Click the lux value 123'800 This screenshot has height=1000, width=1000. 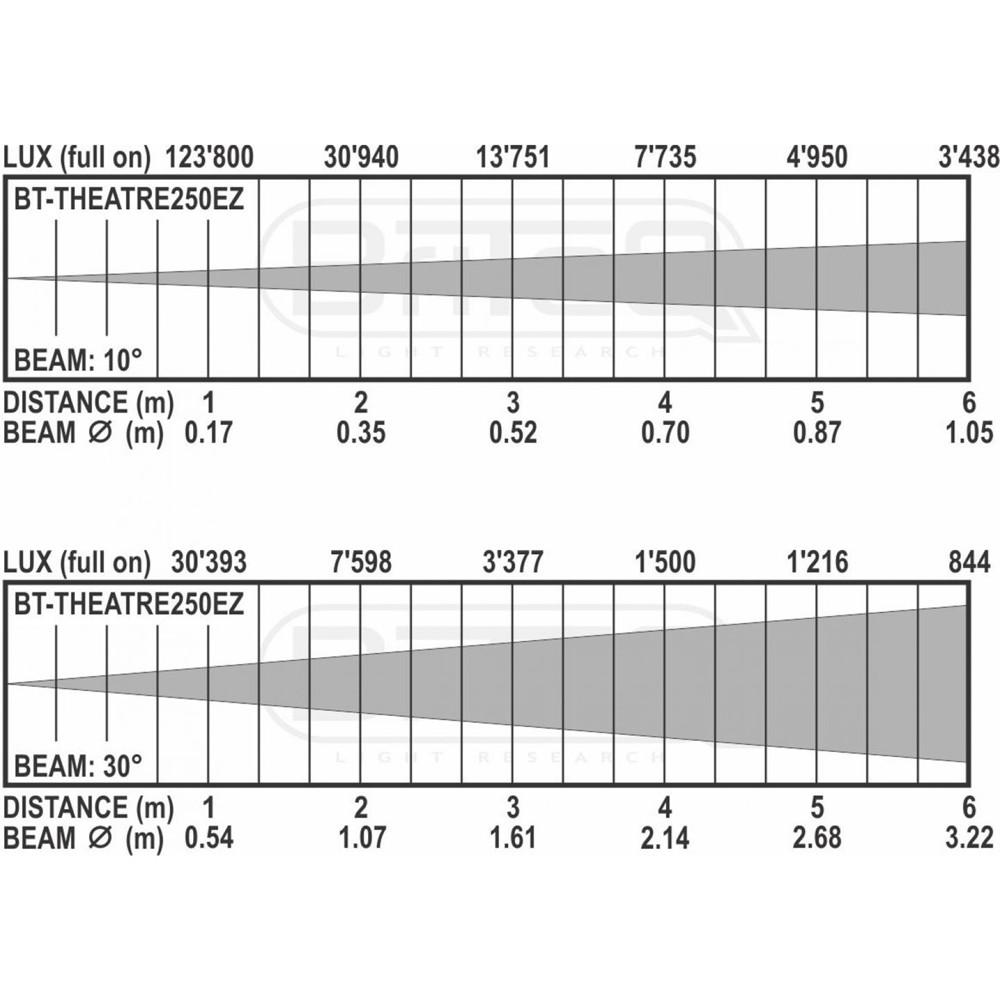[210, 157]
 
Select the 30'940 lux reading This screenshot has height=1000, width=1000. [361, 157]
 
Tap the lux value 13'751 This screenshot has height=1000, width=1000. [512, 157]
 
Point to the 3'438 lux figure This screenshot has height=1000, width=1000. [968, 157]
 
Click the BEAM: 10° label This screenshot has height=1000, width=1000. [78, 360]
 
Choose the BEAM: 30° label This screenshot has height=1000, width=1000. [78, 765]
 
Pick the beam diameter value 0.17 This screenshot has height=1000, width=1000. [208, 433]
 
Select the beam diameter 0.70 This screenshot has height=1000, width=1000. [665, 433]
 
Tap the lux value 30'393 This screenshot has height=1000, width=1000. [209, 562]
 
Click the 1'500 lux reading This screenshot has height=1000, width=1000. [665, 562]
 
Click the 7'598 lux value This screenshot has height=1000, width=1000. [361, 562]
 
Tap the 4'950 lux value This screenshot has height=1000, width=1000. [817, 157]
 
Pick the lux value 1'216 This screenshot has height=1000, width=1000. [818, 562]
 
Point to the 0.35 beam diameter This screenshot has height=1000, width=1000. [361, 433]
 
